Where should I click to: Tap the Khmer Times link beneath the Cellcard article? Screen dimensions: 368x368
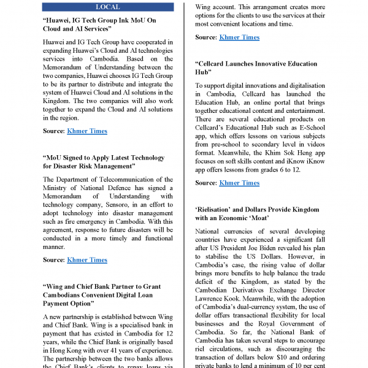pyautogui.click(x=239, y=183)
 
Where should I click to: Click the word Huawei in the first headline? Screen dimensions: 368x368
pyautogui.click(x=63, y=20)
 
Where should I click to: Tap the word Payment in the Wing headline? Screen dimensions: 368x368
pyautogui.click(x=63, y=303)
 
